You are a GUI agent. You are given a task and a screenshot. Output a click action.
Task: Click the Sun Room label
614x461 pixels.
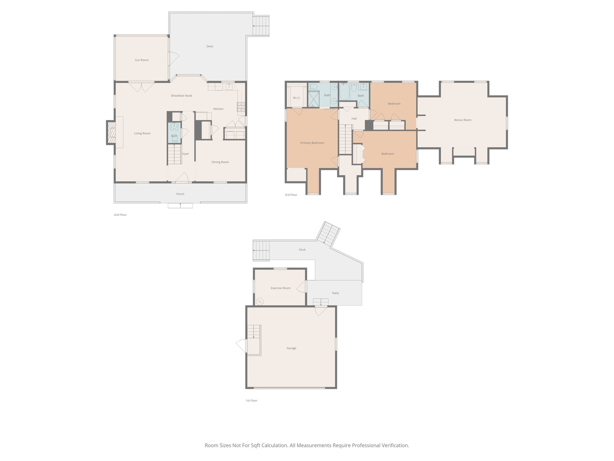(x=142, y=60)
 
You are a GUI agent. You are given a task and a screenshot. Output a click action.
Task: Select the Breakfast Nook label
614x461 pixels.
(x=182, y=96)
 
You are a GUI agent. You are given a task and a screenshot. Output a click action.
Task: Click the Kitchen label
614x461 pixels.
(x=218, y=109)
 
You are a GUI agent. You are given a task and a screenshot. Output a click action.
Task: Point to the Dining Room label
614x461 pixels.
(x=220, y=162)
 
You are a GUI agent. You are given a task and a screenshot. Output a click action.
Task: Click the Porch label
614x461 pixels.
(x=180, y=194)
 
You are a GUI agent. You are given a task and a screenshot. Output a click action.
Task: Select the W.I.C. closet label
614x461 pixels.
(x=297, y=98)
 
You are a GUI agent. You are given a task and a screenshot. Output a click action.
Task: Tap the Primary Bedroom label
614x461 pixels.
(x=312, y=143)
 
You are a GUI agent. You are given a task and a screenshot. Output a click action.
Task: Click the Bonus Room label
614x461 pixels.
(x=463, y=120)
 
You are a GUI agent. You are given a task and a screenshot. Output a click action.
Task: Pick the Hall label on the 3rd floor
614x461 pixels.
(x=354, y=119)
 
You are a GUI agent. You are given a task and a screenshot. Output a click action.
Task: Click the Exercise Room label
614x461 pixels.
(x=280, y=288)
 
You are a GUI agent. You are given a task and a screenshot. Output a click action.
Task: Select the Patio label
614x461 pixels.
(x=335, y=293)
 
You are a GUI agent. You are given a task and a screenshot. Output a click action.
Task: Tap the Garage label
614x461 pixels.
(x=291, y=348)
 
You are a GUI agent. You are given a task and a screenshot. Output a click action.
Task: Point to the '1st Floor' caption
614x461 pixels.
(x=251, y=401)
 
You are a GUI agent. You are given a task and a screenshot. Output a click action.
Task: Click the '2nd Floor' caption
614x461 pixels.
(x=120, y=215)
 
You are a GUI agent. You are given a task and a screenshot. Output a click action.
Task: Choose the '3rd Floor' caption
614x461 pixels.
(x=291, y=195)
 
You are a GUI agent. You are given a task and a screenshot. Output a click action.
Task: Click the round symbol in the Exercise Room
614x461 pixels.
(x=260, y=301)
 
